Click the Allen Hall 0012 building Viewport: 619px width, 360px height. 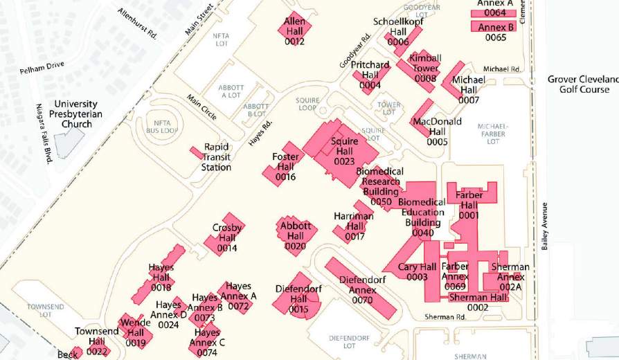tap(294, 28)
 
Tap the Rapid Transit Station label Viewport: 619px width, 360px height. tap(216, 157)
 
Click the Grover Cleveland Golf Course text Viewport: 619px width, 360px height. tap(583, 84)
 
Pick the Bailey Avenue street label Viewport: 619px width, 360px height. tap(545, 226)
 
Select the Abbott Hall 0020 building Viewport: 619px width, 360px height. tap(296, 236)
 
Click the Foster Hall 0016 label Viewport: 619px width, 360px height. tap(285, 167)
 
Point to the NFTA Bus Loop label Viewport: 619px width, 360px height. tap(162, 126)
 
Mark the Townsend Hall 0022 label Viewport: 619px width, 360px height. tap(97, 341)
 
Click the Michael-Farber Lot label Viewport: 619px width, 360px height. tap(493, 134)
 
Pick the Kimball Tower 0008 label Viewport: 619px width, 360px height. tap(425, 68)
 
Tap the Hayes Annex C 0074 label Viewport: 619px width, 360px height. tap(207, 342)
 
